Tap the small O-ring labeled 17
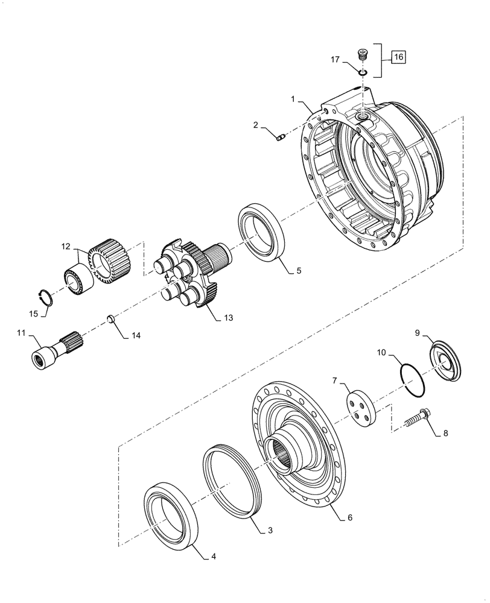point(363,73)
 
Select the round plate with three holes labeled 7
point(360,410)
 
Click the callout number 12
point(65,245)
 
